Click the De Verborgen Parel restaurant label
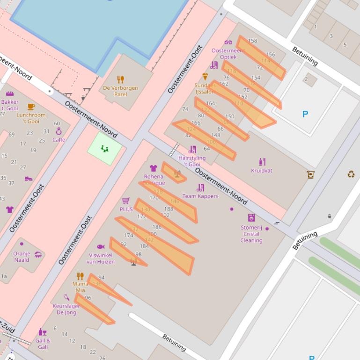(120, 91)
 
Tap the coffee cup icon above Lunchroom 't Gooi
(31, 107)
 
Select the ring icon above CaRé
(59, 132)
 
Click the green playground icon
(104, 149)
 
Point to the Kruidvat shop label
(261, 171)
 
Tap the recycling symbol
(351, 174)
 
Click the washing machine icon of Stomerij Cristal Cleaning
(251, 217)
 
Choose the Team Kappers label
(200, 196)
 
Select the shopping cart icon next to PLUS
(126, 201)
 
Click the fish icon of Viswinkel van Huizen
(101, 246)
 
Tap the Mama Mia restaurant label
(80, 287)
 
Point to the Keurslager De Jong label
(66, 309)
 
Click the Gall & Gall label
(43, 344)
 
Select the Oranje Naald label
(22, 257)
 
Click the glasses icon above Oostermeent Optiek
(228, 43)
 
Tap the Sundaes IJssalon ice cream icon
(205, 76)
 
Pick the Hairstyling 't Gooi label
(192, 161)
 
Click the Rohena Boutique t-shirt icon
(153, 168)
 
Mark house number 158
(252, 41)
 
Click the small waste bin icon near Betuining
(330, 216)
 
